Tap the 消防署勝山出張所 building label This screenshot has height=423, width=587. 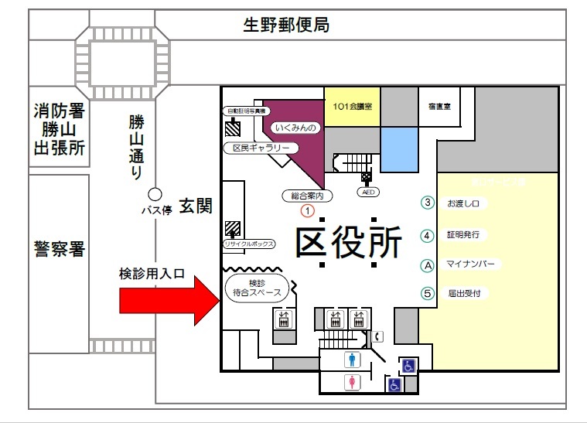tap(59, 128)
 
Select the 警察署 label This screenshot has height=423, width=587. tap(59, 249)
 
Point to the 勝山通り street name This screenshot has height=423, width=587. tap(136, 146)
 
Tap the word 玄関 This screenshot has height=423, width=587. tap(196, 206)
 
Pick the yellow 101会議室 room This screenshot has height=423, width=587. tap(352, 106)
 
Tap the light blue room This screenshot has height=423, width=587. tap(399, 149)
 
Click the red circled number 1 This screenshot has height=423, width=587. tap(308, 209)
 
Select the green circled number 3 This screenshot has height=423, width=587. tap(427, 203)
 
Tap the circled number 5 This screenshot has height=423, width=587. tap(427, 293)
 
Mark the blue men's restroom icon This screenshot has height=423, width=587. tap(353, 360)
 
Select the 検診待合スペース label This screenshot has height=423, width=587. tap(259, 288)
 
